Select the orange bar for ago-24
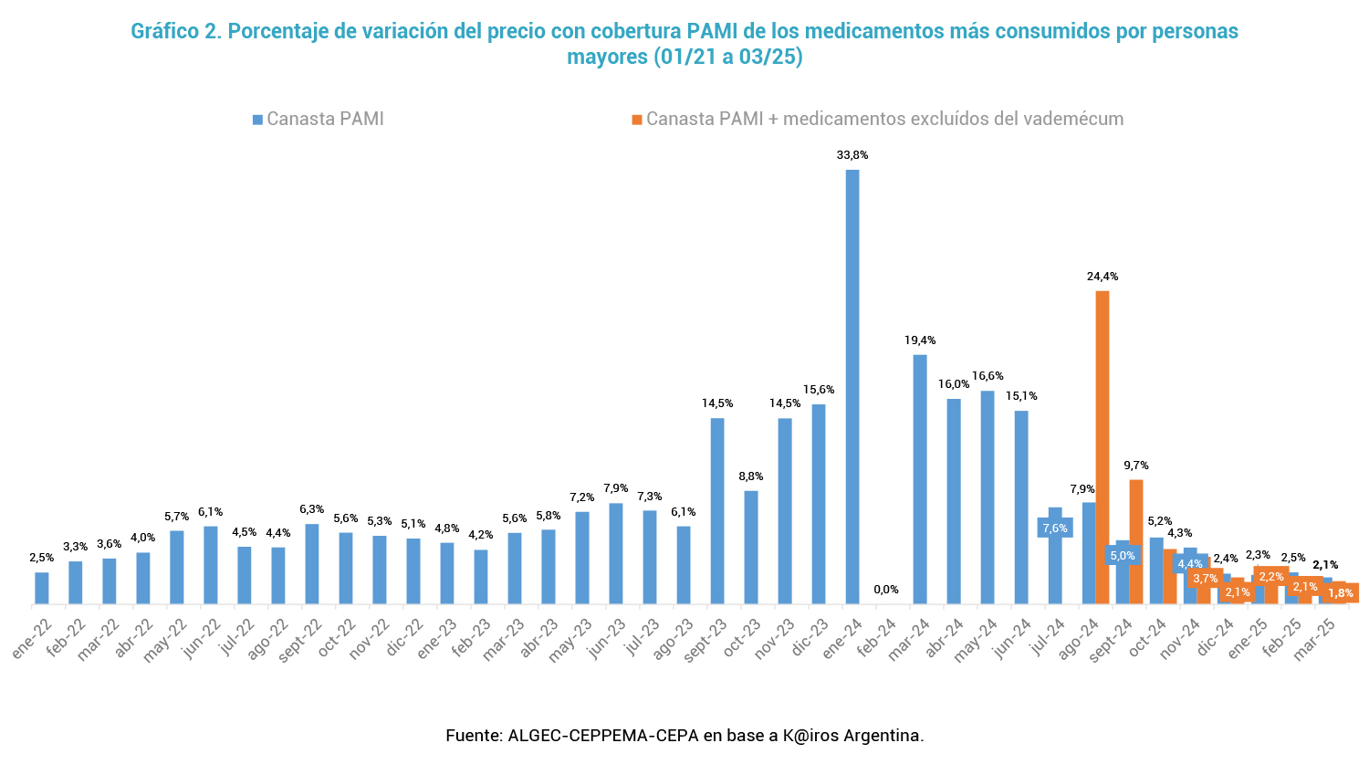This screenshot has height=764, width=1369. click(1103, 447)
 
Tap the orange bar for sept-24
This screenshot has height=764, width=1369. click(1136, 541)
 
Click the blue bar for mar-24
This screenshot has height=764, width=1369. click(920, 479)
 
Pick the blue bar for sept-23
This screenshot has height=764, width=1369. click(717, 511)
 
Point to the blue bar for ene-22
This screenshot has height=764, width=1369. click(42, 588)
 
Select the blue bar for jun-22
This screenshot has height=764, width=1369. click(211, 565)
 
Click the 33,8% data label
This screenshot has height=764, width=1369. click(852, 155)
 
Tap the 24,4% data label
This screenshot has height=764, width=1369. click(1103, 277)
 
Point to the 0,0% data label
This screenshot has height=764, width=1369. click(886, 590)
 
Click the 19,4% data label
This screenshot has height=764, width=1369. click(920, 340)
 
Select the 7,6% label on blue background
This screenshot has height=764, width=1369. click(1055, 529)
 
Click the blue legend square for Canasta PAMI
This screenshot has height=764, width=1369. click(258, 120)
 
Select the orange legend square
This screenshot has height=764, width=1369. click(637, 120)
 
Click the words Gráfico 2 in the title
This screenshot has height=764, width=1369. click(176, 31)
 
